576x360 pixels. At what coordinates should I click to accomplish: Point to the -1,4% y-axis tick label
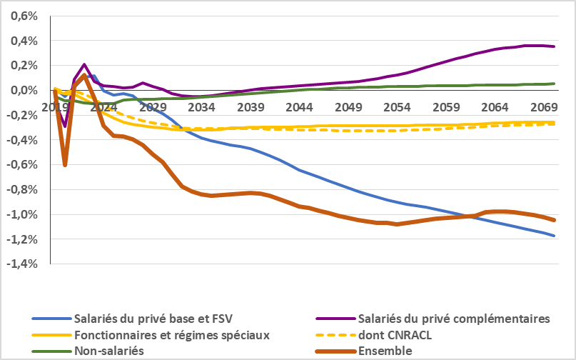point(24,264)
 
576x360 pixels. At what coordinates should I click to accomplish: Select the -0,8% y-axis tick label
point(24,190)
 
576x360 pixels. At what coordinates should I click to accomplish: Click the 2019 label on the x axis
point(56,107)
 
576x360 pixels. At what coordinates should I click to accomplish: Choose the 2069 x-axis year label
point(544,107)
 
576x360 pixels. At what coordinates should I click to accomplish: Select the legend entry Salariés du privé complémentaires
point(455,319)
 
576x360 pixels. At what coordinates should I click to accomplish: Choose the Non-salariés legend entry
point(108,351)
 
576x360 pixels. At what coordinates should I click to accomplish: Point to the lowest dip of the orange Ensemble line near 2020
point(65,166)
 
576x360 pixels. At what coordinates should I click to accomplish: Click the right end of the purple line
point(554,46)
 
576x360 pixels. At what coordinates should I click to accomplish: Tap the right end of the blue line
point(554,236)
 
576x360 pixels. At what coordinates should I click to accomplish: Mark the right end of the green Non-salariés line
point(554,84)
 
